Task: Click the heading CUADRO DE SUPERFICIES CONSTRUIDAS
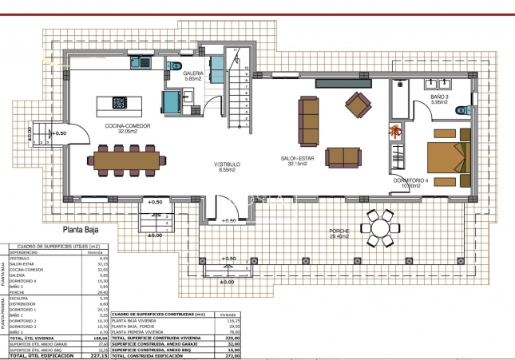coord(160,315)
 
